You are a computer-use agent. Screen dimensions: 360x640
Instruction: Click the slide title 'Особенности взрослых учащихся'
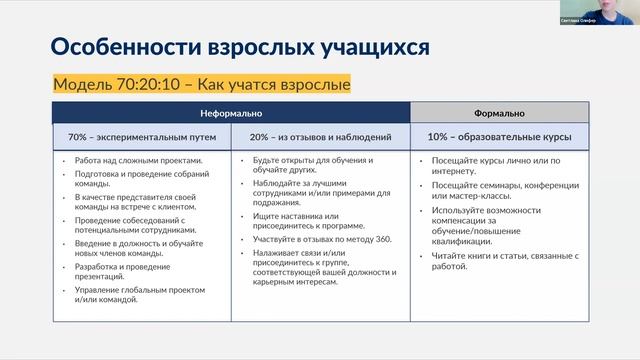tap(240, 47)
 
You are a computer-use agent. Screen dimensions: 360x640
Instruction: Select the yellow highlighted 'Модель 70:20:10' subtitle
tap(201, 84)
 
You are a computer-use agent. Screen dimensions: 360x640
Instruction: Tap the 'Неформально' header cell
tap(231, 113)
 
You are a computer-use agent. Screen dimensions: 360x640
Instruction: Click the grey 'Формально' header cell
tap(499, 113)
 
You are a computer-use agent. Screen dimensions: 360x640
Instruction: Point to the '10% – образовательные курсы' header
tap(499, 136)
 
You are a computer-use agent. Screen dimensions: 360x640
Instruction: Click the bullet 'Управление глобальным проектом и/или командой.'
tap(136, 294)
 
